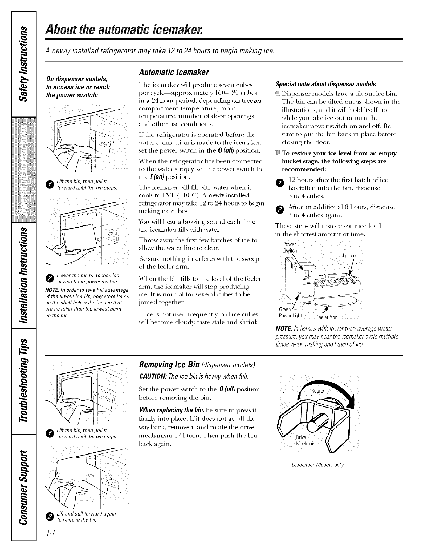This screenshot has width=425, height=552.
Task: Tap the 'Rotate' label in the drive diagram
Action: coord(318,391)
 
